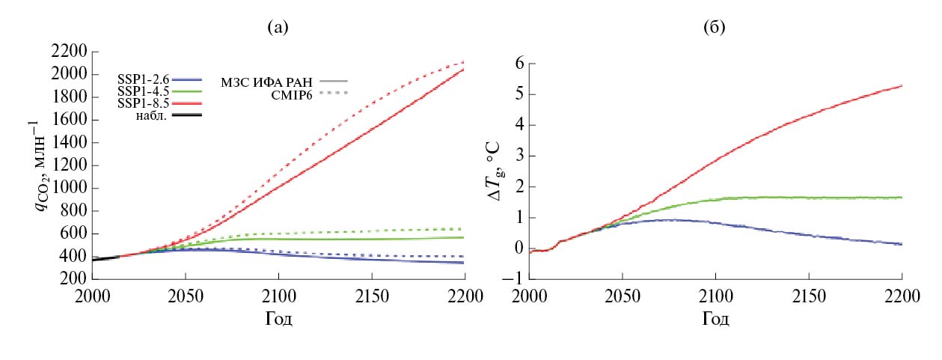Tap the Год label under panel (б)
(715, 320)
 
